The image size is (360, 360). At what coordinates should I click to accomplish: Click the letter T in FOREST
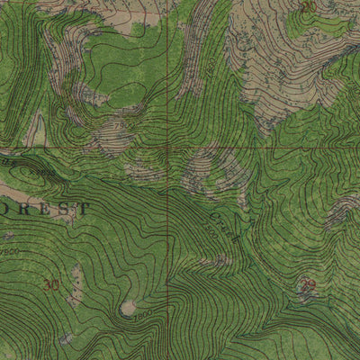pyautogui.click(x=85, y=208)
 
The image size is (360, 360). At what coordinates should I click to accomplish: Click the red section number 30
pyautogui.click(x=52, y=284)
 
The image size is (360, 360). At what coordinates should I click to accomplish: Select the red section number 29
pyautogui.click(x=309, y=284)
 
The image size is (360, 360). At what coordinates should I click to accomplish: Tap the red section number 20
pyautogui.click(x=309, y=6)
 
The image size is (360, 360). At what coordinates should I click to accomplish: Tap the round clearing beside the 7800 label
pyautogui.click(x=128, y=308)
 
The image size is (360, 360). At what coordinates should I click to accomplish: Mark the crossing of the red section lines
pyautogui.click(x=167, y=147)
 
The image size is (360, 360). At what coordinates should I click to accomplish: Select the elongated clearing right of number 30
pyautogui.click(x=76, y=286)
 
